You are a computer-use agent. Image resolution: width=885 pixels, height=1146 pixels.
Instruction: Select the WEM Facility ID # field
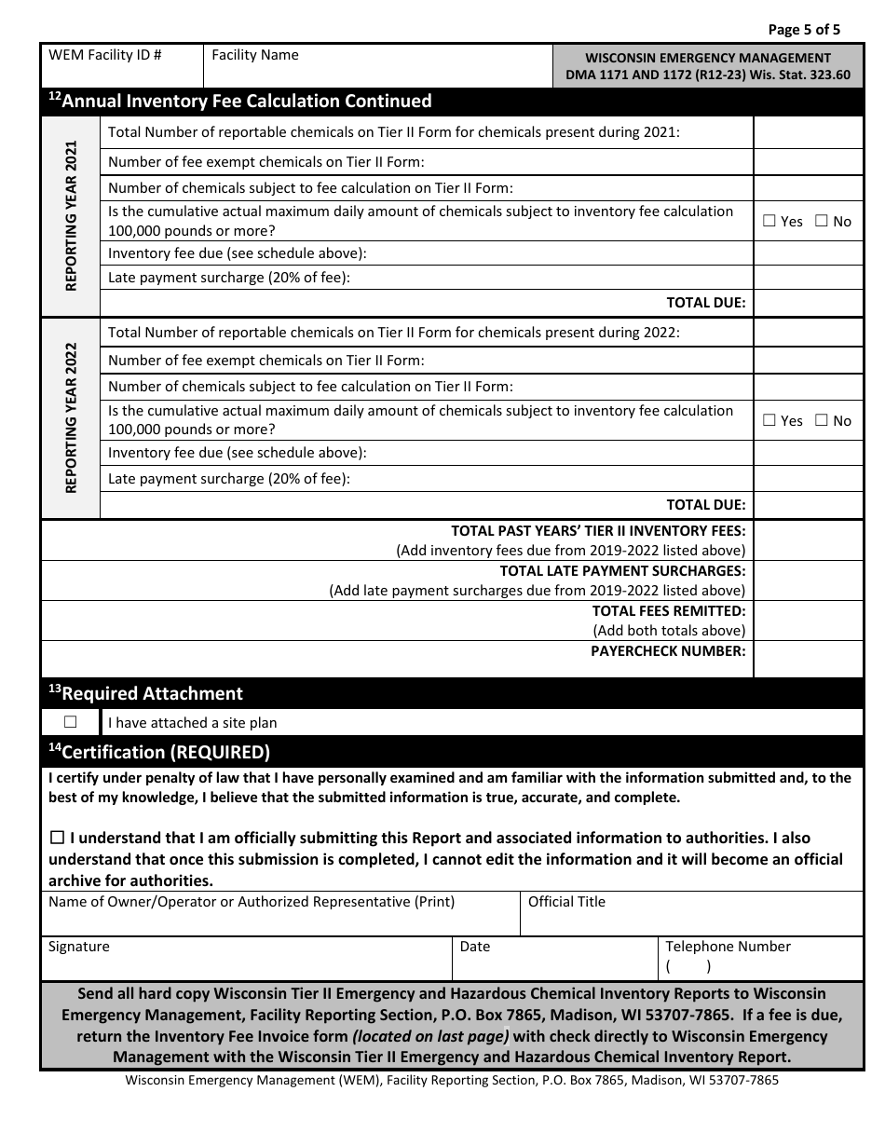[x=122, y=66]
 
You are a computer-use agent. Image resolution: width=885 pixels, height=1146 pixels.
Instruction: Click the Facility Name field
[x=377, y=66]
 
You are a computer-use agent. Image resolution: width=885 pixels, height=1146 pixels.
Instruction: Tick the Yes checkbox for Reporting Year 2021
[x=769, y=222]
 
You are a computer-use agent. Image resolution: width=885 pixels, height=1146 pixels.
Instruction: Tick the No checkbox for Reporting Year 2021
[x=821, y=222]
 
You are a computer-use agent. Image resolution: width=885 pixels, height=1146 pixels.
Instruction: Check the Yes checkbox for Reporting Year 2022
[x=769, y=421]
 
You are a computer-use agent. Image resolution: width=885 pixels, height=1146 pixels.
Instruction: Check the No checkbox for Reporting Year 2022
[x=821, y=421]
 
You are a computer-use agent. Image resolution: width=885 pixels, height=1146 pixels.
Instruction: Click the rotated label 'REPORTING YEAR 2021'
[x=71, y=216]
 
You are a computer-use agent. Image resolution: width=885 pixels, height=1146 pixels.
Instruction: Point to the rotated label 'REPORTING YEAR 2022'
[x=71, y=418]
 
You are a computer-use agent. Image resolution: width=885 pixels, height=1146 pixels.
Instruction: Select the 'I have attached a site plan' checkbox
[x=71, y=722]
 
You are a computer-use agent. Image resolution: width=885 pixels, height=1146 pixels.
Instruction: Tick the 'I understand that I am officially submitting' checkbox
[x=57, y=839]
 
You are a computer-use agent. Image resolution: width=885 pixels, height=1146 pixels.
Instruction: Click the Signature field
[x=247, y=960]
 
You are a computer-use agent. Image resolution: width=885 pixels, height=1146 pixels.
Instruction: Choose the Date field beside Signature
[x=555, y=960]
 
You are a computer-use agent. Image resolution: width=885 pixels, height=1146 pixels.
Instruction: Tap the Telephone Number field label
[x=728, y=947]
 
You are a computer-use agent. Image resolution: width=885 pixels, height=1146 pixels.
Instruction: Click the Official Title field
[x=691, y=915]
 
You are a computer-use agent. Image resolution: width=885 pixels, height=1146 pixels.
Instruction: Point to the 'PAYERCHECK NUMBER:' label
[x=668, y=651]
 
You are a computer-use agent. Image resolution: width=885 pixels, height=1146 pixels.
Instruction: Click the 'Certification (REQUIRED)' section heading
[x=159, y=752]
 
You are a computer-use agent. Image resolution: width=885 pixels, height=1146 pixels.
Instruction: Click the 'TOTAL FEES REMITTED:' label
[x=669, y=611]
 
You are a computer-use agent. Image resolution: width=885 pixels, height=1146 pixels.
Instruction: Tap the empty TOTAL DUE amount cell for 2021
[x=808, y=303]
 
